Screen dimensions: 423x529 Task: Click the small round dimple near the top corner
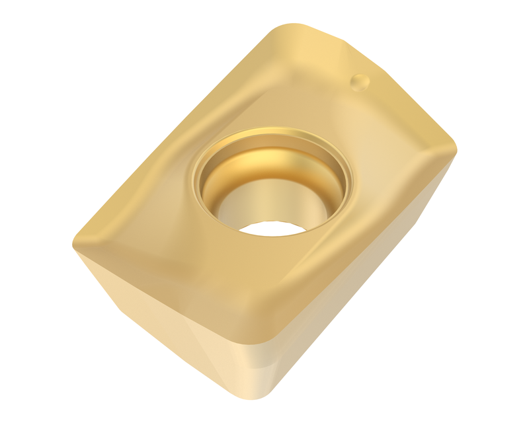360,82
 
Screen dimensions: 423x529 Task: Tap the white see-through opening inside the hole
271,227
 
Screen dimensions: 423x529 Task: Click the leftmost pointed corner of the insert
74,243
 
